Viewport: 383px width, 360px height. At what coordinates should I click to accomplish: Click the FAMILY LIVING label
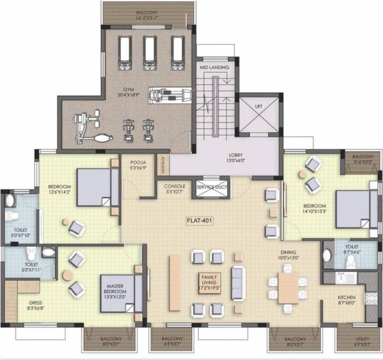(x=209, y=279)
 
